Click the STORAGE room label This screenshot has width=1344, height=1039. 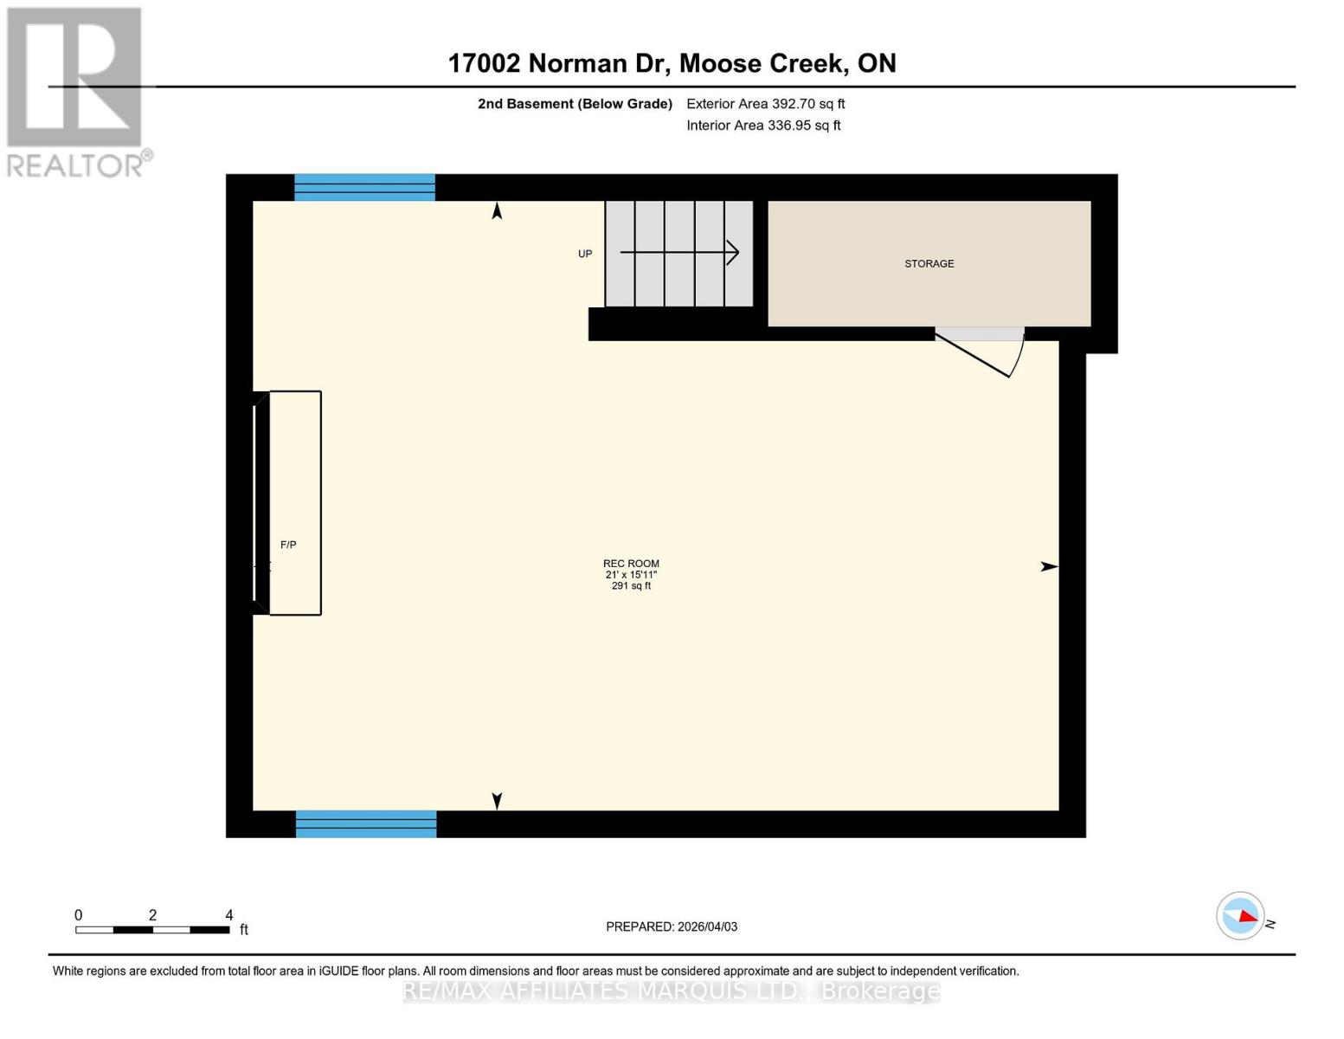coord(929,263)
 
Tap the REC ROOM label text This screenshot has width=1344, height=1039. coord(631,564)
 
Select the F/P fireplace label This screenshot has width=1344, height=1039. coord(288,545)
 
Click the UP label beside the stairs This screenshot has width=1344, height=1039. coord(585,254)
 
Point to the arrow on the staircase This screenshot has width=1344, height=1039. coord(679,253)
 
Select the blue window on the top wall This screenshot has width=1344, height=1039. coord(364,187)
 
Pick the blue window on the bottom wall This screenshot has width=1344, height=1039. coord(366,823)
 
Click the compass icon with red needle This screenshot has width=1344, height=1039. coord(1240,915)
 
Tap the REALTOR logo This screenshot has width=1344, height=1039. coord(76,91)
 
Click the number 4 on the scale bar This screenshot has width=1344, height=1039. coord(228,915)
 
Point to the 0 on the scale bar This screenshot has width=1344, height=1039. coord(78,915)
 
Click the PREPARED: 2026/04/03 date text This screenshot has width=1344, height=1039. coord(672,926)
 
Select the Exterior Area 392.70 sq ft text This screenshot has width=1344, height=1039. coord(765,104)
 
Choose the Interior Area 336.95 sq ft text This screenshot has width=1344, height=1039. coord(763,126)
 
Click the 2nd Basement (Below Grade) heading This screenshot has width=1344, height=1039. coord(575,104)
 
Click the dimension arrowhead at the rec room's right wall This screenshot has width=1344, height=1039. coord(1049,566)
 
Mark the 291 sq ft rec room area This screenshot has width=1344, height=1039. coord(631,586)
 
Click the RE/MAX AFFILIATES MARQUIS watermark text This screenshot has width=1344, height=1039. coord(672,991)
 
